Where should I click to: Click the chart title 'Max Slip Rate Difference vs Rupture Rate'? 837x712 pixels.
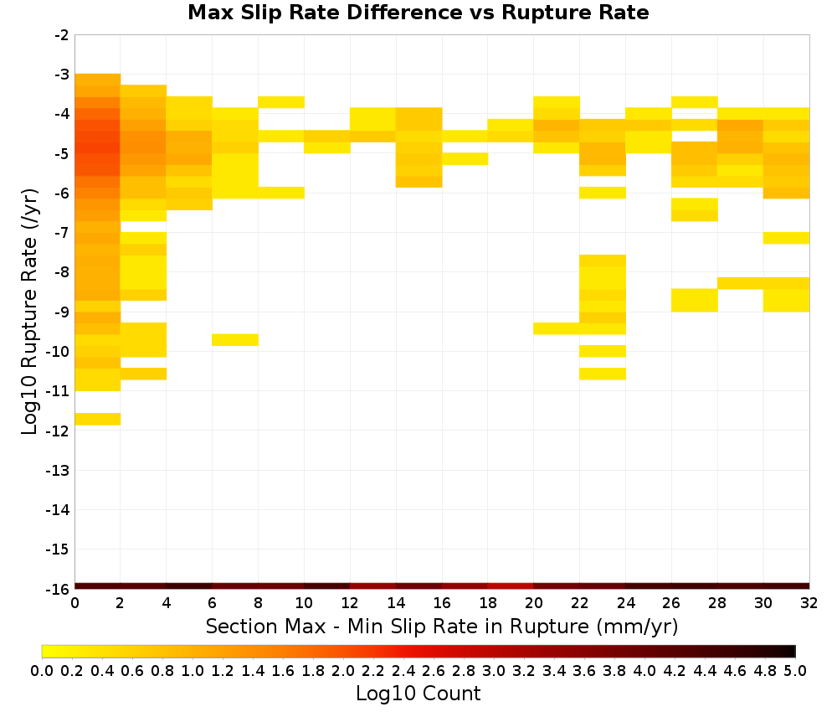[x=418, y=13]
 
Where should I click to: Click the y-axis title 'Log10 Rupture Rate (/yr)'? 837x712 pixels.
[x=29, y=312]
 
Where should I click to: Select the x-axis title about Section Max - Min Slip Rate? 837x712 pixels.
[x=441, y=626]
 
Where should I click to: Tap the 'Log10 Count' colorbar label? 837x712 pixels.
[x=418, y=694]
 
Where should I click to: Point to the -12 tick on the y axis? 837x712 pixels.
[x=58, y=431]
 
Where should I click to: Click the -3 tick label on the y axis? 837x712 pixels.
[x=62, y=75]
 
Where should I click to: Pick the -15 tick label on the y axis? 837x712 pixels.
[x=58, y=549]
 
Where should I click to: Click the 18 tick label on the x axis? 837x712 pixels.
[x=488, y=603]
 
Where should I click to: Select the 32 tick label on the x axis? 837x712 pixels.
[x=809, y=603]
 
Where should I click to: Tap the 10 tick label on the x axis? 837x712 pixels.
[x=305, y=603]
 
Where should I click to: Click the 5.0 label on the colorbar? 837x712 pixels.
[x=795, y=670]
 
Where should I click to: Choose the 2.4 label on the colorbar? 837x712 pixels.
[x=403, y=670]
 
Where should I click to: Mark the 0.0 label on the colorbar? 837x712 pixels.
[x=42, y=670]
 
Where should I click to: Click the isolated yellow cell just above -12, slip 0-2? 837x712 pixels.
[x=98, y=420]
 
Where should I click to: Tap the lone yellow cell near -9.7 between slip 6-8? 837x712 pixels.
[x=235, y=340]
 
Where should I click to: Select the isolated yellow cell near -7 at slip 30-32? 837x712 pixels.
[x=786, y=238]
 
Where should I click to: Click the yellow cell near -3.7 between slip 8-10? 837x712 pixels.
[x=281, y=102]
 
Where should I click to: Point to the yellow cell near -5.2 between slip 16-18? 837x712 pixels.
[x=465, y=158]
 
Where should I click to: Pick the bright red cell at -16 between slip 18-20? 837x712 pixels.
[x=511, y=586]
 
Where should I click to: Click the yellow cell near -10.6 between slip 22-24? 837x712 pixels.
[x=603, y=374]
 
